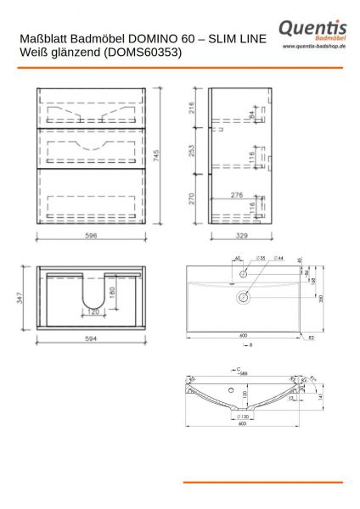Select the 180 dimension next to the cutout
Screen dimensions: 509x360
[113, 292]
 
